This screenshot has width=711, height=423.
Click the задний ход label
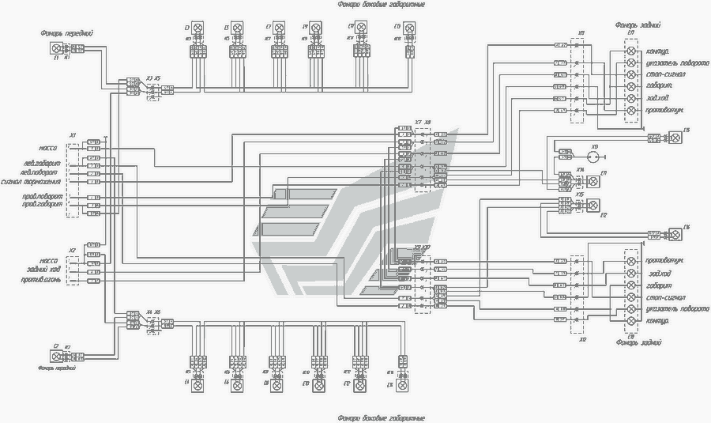43,270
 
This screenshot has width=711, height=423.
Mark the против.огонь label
41,280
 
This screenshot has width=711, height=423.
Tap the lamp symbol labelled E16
675,235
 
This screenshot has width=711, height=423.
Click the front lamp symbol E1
54,50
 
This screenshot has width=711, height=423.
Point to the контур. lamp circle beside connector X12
630,321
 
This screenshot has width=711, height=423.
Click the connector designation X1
72,135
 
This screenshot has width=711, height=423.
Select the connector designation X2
72,250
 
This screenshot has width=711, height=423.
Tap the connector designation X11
581,33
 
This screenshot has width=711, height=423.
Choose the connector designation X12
582,339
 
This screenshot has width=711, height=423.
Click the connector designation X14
581,170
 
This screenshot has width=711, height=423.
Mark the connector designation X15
581,194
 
